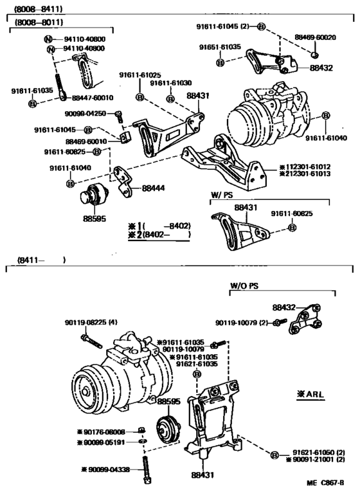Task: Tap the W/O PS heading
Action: point(244,284)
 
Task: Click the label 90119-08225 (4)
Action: point(91,322)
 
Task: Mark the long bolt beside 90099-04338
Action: point(147,468)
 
